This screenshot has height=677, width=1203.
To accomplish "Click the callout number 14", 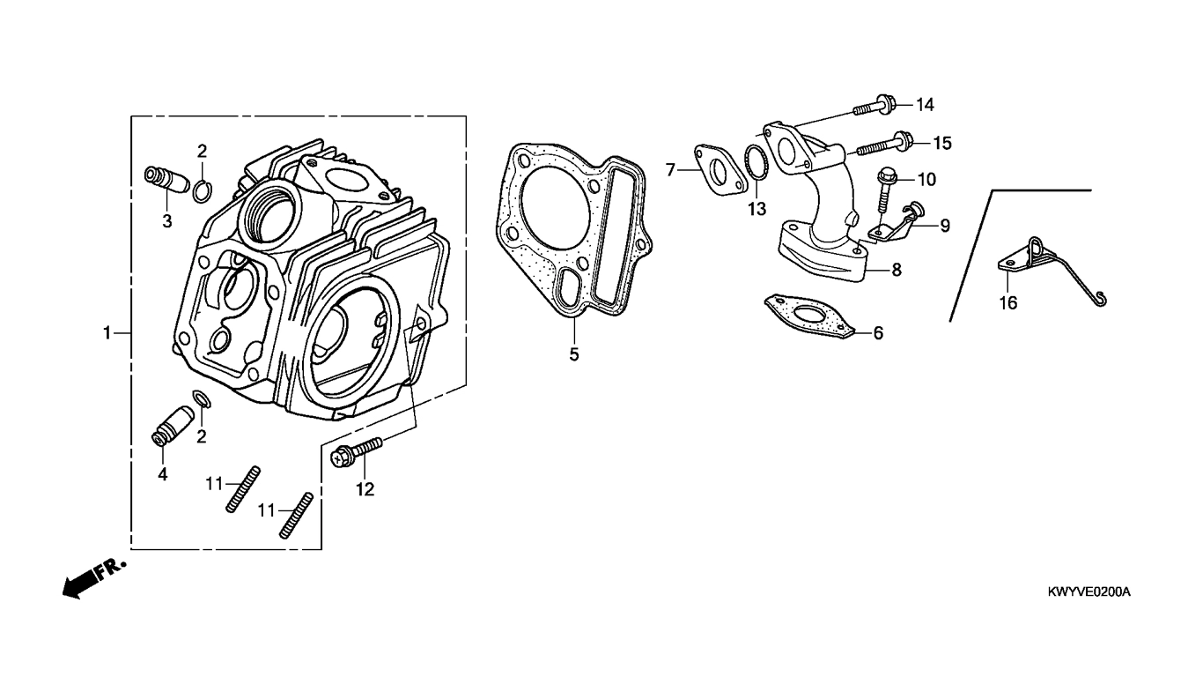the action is [925, 105].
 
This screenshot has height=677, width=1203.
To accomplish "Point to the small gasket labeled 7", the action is [720, 170].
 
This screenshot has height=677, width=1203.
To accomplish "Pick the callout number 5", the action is [574, 354].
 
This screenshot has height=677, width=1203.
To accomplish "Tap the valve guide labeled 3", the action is [167, 180].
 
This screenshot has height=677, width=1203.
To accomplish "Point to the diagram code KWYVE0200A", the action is [1089, 592].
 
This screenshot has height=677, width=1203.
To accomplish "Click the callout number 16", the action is [1008, 303].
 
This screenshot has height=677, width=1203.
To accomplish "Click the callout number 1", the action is [107, 333].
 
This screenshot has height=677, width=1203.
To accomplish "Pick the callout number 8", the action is [897, 270].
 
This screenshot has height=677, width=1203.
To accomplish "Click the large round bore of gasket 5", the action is [554, 207].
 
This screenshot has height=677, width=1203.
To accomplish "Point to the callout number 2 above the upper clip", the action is [202, 151].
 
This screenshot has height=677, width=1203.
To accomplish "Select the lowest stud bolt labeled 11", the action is [297, 515].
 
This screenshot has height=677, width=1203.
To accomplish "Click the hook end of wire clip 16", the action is [1101, 300].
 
